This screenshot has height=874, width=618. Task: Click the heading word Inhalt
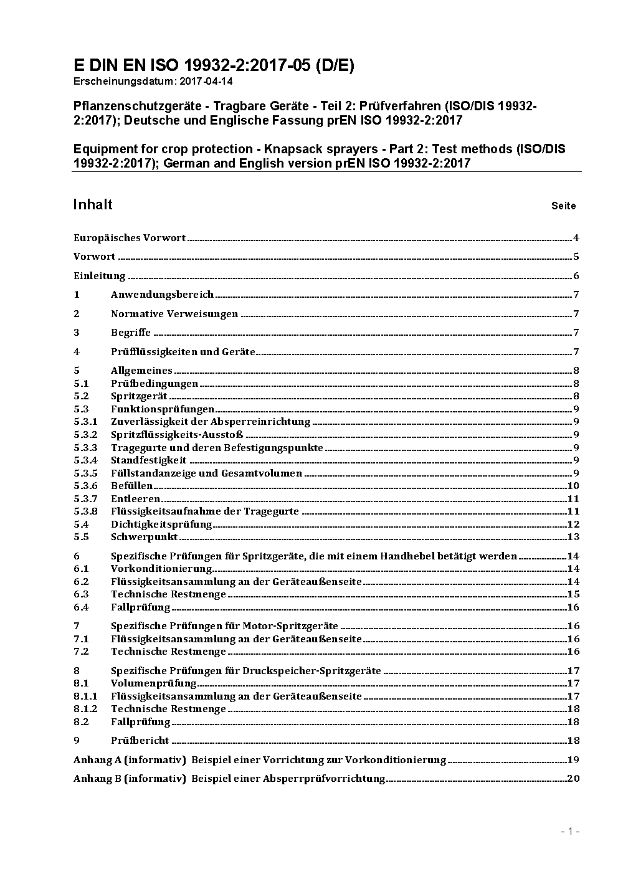[93, 205]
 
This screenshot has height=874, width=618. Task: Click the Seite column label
[563, 206]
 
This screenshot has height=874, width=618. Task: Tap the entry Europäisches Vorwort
[130, 237]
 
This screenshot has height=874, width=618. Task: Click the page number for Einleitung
[576, 276]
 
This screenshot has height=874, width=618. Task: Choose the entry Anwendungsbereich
[162, 295]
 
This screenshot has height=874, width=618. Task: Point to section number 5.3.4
[85, 460]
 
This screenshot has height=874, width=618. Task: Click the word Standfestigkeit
[148, 460]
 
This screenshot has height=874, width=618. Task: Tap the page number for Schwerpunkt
[573, 537]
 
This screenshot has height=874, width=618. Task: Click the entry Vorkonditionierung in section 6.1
[161, 569]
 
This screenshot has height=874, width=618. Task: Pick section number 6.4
[81, 607]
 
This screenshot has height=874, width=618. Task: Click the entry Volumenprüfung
[153, 683]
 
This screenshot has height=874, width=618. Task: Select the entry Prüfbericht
[140, 741]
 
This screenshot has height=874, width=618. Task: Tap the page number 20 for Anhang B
[573, 779]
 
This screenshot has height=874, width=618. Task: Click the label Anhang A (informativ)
[130, 760]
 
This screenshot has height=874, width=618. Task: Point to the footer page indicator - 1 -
[570, 831]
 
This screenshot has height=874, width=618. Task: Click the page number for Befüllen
[573, 486]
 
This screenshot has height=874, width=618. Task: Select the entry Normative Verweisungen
[174, 314]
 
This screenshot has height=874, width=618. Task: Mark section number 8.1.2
[85, 709]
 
